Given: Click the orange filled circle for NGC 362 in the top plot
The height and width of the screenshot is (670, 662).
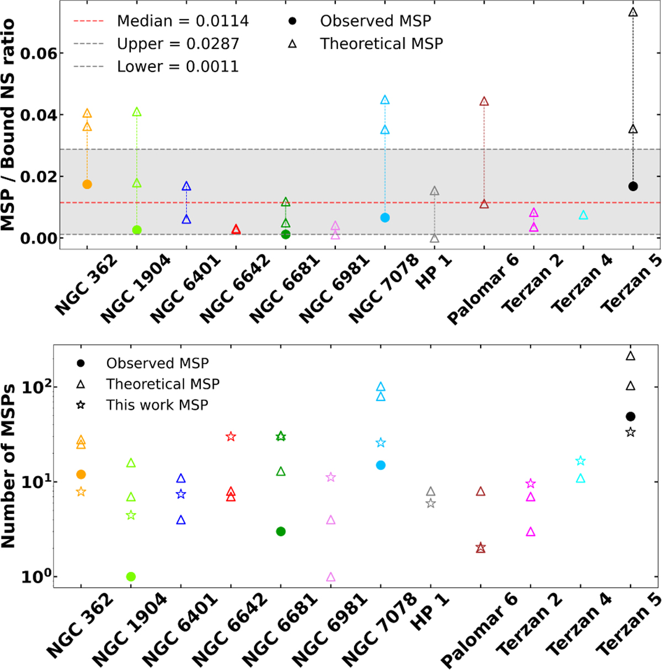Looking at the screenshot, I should [87, 184].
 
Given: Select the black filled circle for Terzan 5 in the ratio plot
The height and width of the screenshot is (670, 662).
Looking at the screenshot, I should [633, 187].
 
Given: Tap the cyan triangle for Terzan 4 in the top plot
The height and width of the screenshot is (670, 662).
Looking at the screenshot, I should [583, 215].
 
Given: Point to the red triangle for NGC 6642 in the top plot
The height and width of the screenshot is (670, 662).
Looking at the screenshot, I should [236, 229].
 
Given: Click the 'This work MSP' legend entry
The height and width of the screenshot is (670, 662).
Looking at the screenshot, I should [157, 405].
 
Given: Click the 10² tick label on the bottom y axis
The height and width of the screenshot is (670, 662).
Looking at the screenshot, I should [33, 387].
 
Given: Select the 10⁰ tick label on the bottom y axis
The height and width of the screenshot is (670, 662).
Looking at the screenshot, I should [33, 577].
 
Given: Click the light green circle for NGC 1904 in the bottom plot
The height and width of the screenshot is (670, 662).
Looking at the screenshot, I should [131, 577].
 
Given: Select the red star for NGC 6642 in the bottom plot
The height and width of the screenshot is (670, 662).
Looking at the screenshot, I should [231, 437].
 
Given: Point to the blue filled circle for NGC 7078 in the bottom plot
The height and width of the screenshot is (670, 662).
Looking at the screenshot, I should [381, 465].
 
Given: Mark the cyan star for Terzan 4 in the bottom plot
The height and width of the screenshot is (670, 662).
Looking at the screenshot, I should [580, 461].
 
